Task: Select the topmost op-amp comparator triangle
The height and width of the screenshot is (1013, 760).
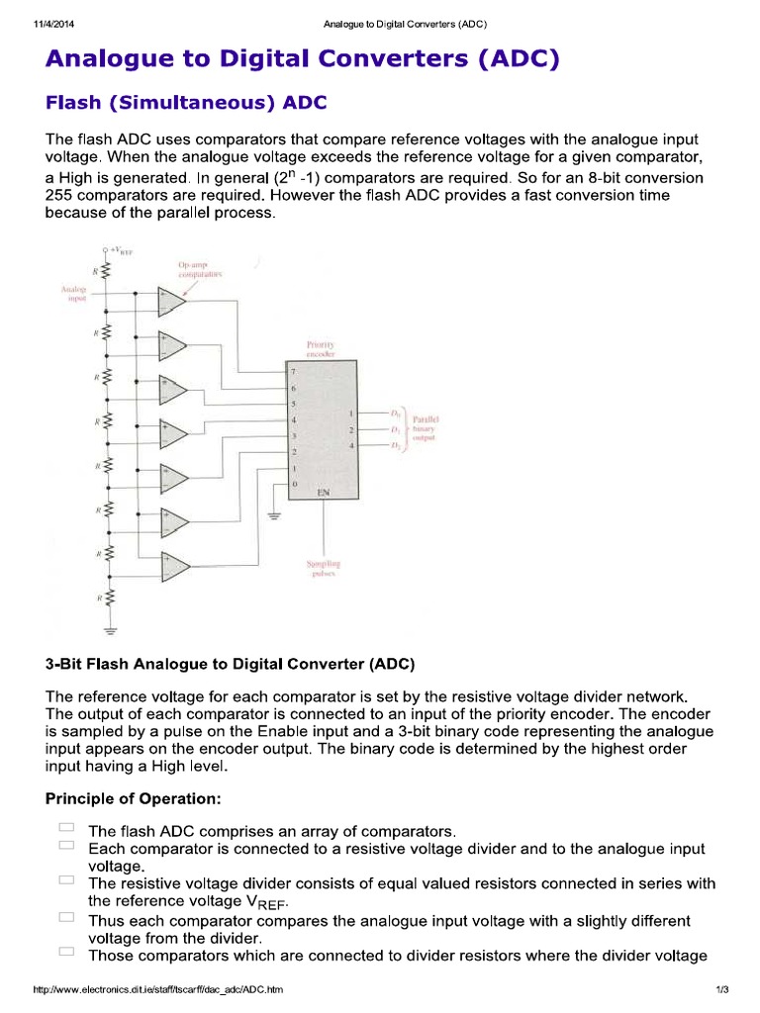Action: point(173,301)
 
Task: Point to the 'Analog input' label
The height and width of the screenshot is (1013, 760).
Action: point(74,294)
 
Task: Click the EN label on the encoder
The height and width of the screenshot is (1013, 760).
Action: point(323,492)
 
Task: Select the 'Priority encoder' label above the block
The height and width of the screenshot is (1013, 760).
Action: point(322,348)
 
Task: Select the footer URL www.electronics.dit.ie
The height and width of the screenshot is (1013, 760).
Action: point(158,990)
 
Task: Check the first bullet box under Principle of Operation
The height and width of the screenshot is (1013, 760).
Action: point(66,827)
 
